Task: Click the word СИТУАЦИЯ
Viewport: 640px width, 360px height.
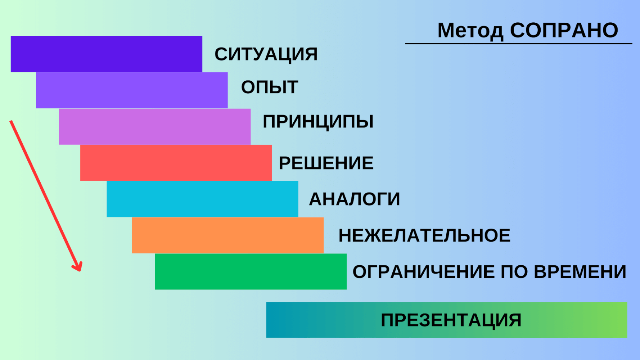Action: (266, 54)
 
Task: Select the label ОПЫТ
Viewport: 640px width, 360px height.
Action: (270, 87)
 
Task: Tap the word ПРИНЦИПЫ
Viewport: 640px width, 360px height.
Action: (318, 122)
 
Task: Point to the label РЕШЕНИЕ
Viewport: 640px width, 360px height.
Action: (326, 163)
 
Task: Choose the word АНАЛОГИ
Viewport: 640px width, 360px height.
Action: (355, 199)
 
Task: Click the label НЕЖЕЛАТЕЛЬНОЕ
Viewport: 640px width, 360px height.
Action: (424, 235)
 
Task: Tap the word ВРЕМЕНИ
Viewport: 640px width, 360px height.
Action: (580, 272)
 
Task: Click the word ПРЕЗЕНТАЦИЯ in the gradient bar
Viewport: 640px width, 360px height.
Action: (451, 320)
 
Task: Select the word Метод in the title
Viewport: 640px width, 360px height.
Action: (470, 31)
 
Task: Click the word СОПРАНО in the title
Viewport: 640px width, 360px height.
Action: (564, 30)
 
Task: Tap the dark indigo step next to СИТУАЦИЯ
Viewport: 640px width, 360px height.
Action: (107, 54)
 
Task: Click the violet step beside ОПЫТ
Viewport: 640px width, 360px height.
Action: (132, 90)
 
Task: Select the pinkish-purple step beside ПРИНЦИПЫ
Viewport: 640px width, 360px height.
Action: (155, 127)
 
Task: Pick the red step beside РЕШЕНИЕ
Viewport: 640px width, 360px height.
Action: (176, 163)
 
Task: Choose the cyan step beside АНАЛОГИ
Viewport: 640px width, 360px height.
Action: (202, 199)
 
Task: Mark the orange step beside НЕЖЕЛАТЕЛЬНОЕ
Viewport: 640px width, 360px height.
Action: (228, 235)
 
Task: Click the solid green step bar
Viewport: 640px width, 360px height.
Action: (251, 271)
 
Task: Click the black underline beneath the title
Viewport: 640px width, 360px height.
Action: (519, 44)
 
